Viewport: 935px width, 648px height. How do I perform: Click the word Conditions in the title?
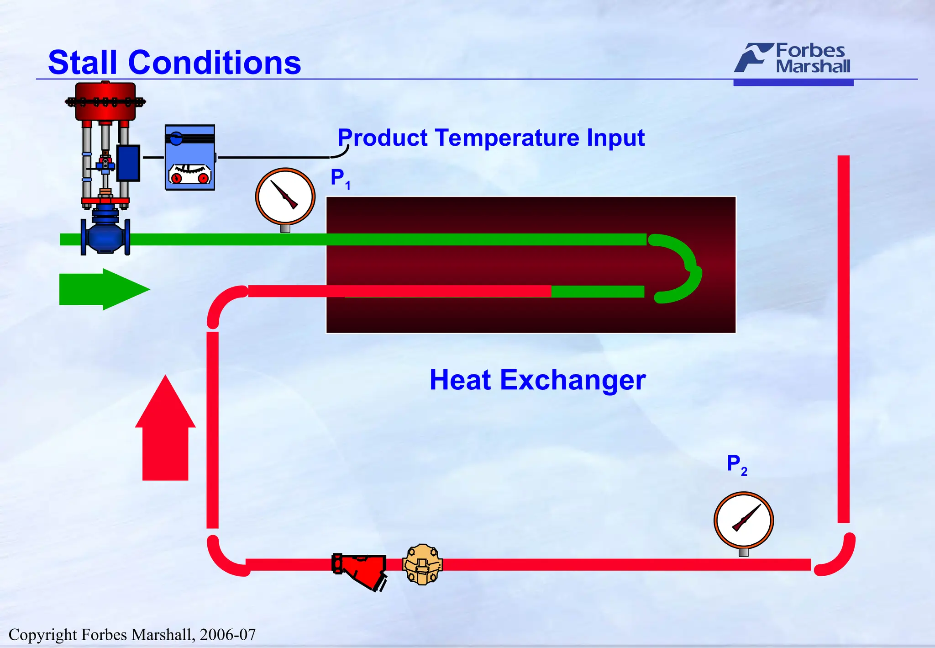point(214,63)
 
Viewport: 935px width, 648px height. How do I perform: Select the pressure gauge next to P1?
point(285,197)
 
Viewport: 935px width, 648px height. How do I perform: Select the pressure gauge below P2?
point(743,520)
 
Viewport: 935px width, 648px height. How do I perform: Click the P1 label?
point(340,178)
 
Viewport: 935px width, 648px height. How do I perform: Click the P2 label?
point(736,465)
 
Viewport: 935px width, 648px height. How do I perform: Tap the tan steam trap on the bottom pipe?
point(422,565)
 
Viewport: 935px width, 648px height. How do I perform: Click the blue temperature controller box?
point(189,158)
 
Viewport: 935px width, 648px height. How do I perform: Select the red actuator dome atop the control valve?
point(105,101)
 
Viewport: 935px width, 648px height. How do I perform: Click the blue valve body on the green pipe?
point(105,236)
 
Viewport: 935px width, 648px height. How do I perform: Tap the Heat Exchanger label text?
point(537,380)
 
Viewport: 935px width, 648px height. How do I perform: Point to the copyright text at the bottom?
point(132,634)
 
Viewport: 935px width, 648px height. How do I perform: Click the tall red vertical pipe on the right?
point(843,338)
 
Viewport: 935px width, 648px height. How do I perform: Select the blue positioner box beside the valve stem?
point(128,163)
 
